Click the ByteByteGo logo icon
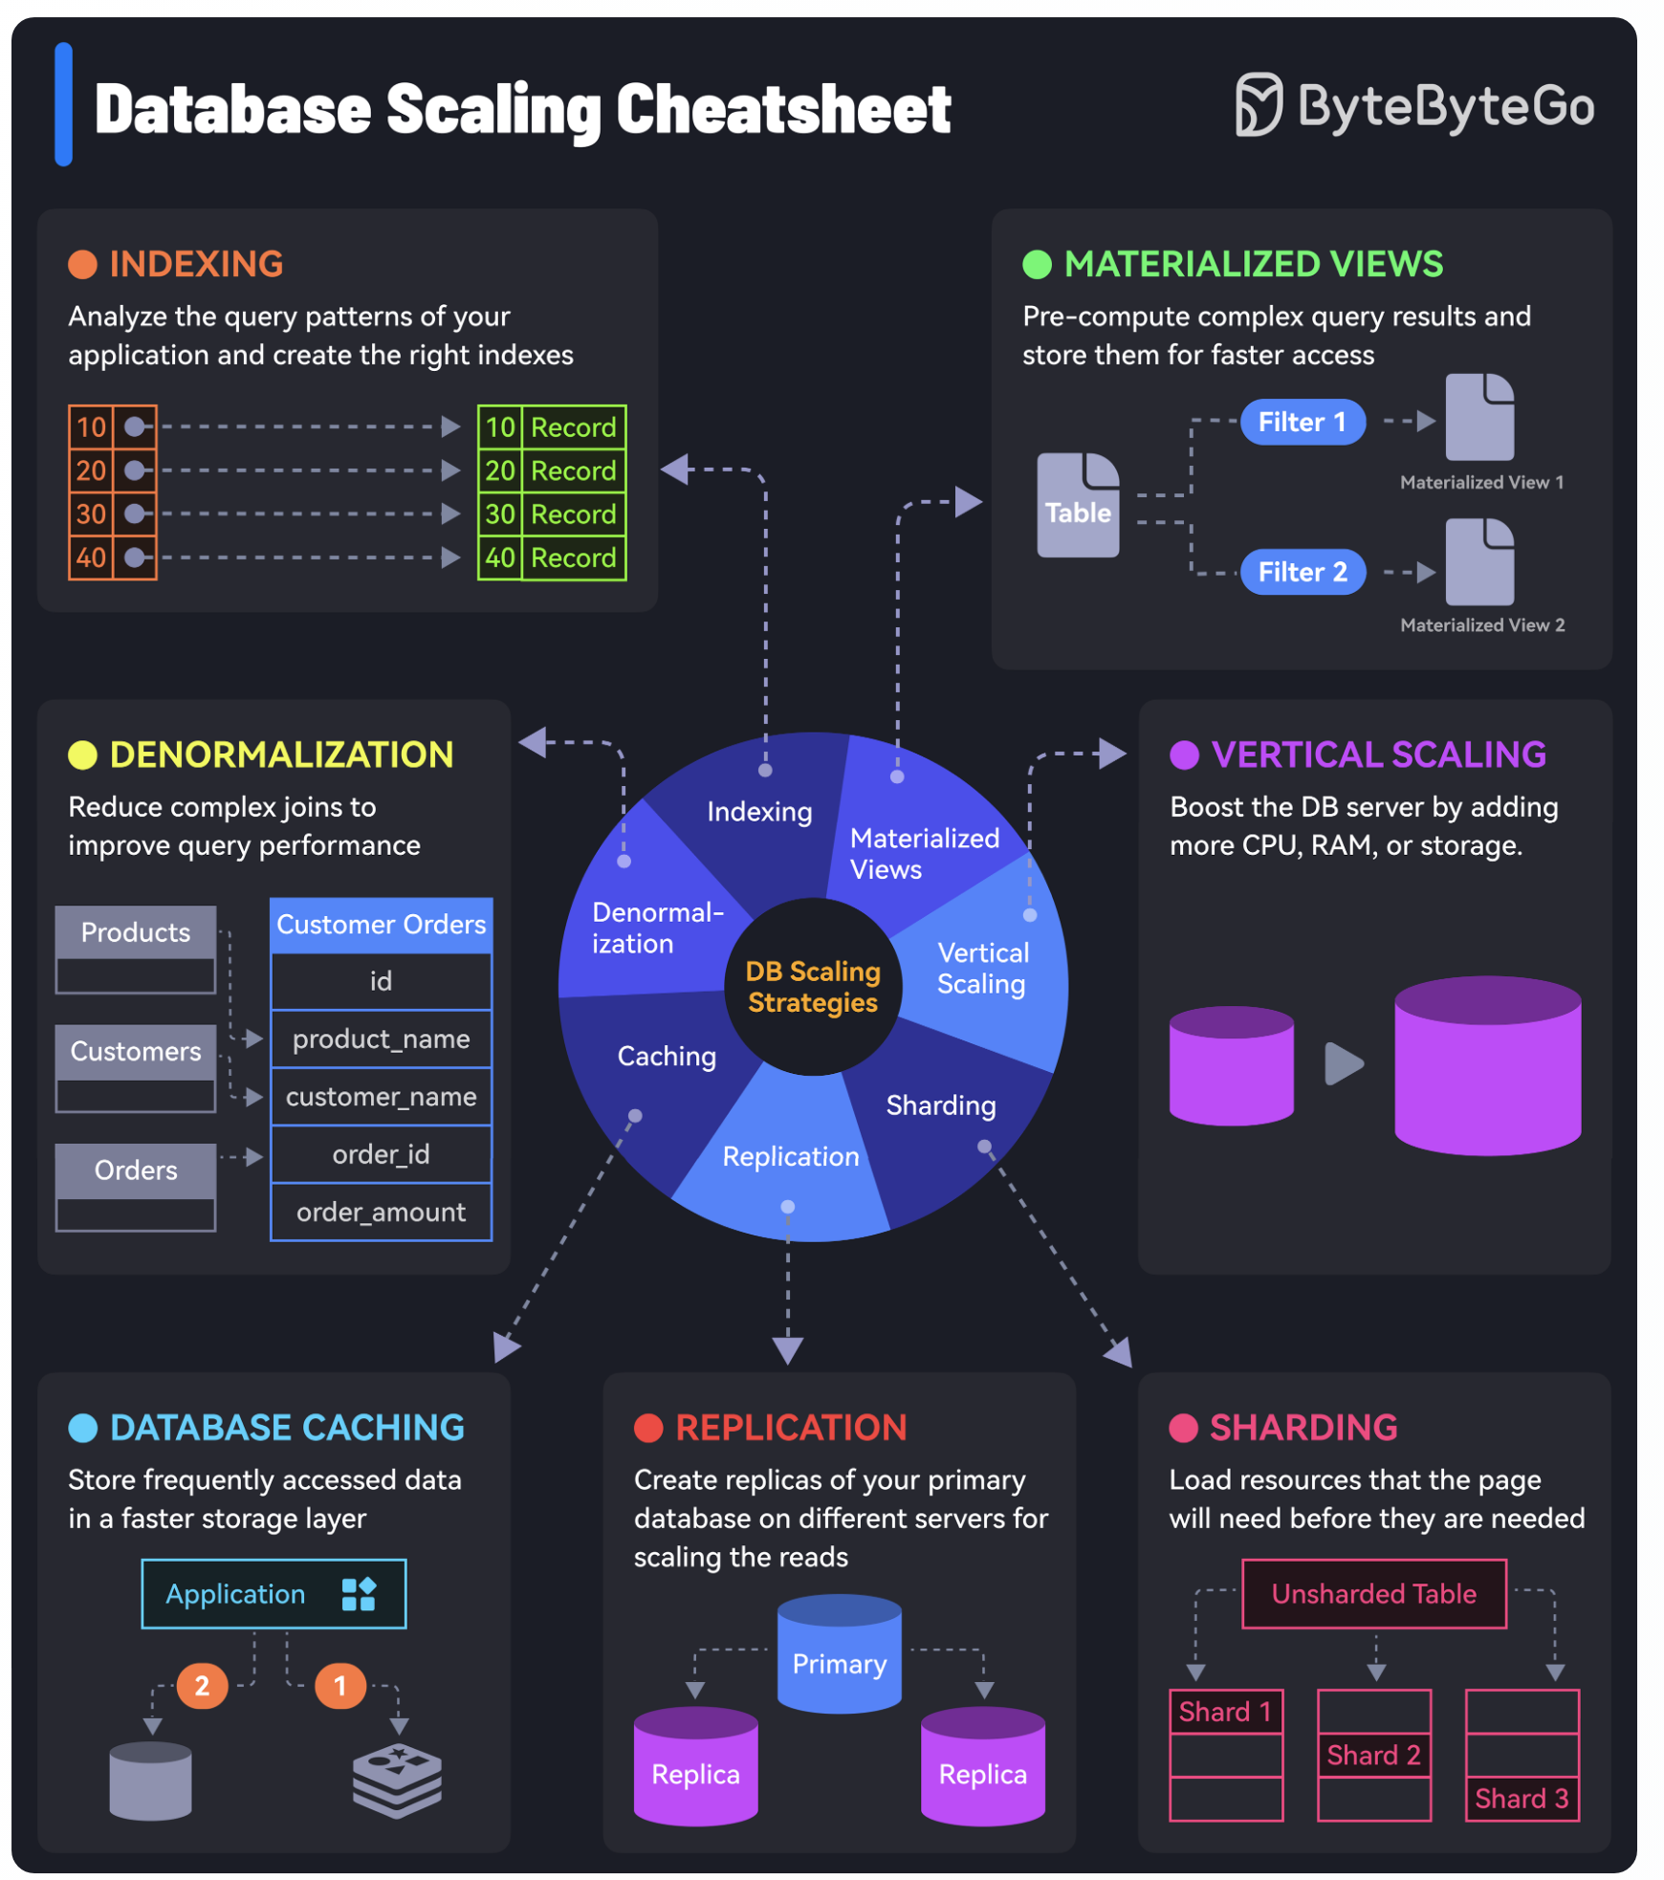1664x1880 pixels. point(1258,104)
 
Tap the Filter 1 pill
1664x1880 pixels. point(1302,422)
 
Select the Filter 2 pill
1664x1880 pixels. point(1302,572)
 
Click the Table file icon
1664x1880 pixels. point(1078,505)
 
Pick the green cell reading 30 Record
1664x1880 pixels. point(552,514)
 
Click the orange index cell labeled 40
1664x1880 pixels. point(91,557)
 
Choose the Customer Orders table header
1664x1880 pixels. point(381,925)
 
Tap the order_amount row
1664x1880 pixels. point(381,1212)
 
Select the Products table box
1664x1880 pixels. point(136,950)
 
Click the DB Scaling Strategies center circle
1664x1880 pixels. point(813,987)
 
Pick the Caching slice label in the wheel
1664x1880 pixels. point(667,1056)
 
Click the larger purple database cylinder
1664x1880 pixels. point(1487,1065)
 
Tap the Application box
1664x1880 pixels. point(274,1594)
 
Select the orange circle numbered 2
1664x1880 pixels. point(202,1685)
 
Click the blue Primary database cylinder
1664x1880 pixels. point(840,1653)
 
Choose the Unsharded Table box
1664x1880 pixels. point(1374,1594)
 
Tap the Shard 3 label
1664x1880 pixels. point(1522,1799)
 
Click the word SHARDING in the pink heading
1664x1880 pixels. point(1303,1428)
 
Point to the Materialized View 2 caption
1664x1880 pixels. point(1482,625)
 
